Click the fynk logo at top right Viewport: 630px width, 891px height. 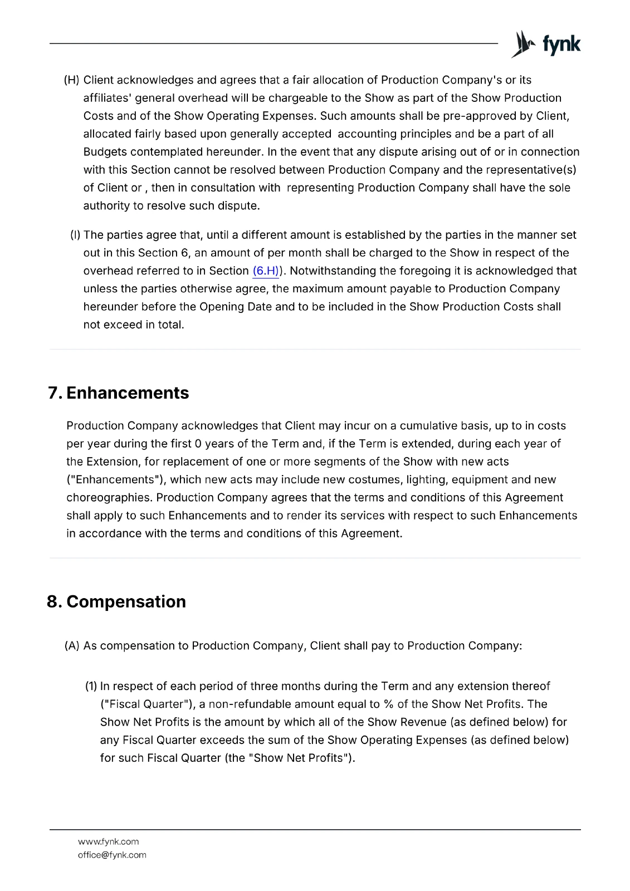coord(546,44)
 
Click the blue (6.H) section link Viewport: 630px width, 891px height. coord(266,271)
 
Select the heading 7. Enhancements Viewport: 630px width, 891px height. coord(119,393)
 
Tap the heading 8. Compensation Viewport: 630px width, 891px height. coord(116,602)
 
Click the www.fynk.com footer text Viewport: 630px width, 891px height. coord(108,841)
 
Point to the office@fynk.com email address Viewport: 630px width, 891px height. coord(112,855)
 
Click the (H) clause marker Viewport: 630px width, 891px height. coord(72,80)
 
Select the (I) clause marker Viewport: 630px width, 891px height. coord(75,235)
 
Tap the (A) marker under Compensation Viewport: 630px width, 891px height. coord(72,646)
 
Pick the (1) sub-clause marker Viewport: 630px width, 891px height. coord(91,686)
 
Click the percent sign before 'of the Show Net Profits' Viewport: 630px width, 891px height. coord(388,704)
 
